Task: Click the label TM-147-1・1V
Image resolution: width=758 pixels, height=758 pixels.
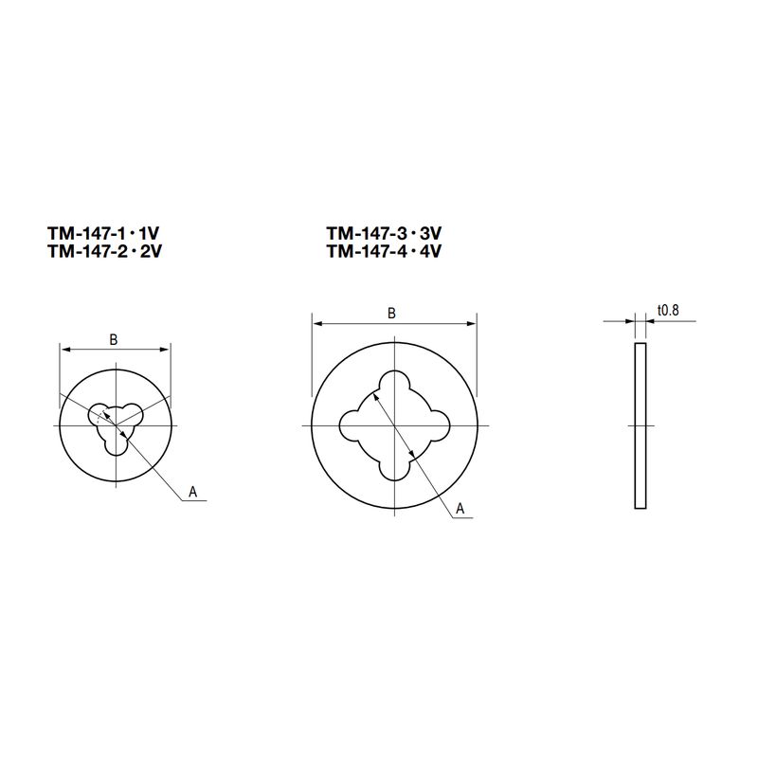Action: pyautogui.click(x=103, y=233)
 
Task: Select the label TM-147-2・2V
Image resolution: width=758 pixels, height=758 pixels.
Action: pyautogui.click(x=104, y=251)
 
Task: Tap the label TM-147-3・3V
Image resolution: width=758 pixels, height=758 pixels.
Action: pyautogui.click(x=384, y=233)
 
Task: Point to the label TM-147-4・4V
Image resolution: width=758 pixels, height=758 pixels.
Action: pyautogui.click(x=384, y=251)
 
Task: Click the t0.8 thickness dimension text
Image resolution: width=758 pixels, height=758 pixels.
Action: pyautogui.click(x=668, y=310)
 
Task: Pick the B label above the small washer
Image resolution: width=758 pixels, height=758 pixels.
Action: pyautogui.click(x=114, y=340)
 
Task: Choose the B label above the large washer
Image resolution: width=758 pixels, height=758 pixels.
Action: pyautogui.click(x=391, y=314)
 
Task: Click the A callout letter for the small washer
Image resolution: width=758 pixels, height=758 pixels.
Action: pyautogui.click(x=193, y=492)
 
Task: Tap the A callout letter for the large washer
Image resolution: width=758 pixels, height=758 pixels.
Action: pyautogui.click(x=460, y=509)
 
